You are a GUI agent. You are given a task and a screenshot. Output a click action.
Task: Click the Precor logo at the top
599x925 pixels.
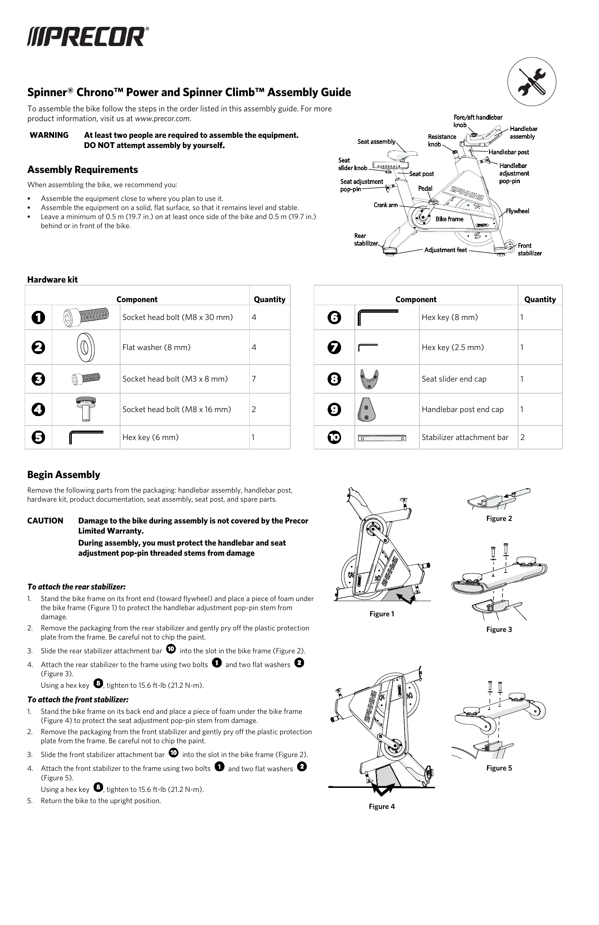tap(88, 37)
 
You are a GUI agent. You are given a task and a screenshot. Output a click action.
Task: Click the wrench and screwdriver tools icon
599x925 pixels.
tap(532, 82)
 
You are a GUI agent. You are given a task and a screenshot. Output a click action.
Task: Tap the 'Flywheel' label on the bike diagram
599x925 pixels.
tap(517, 211)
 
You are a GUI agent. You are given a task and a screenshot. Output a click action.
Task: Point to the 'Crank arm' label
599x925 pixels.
tap(385, 205)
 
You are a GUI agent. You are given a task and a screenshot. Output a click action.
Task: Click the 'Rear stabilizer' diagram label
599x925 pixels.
tap(365, 239)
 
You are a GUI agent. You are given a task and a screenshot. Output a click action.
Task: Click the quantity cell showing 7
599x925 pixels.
tap(254, 379)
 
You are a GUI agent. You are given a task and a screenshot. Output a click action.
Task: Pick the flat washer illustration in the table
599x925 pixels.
tap(86, 347)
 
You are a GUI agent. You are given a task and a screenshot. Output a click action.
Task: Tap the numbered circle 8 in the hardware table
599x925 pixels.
tap(334, 379)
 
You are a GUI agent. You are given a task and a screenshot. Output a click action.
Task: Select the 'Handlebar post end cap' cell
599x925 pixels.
tap(462, 409)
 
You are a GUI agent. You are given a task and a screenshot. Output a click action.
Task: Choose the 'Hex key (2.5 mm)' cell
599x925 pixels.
tap(452, 347)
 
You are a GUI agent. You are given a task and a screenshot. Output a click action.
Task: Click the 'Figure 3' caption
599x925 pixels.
tap(499, 629)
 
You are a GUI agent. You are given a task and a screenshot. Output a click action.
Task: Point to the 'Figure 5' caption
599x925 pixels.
tap(499, 768)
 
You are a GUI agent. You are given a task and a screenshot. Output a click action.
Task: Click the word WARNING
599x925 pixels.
tap(49, 135)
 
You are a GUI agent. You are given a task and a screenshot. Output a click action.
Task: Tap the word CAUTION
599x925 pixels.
tap(45, 521)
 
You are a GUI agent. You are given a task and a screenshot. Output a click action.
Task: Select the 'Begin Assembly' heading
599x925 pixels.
tap(64, 474)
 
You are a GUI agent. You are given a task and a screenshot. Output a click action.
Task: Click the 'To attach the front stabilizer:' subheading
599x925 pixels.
tap(78, 699)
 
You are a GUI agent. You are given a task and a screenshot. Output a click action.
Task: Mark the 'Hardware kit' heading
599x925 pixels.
tap(53, 279)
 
